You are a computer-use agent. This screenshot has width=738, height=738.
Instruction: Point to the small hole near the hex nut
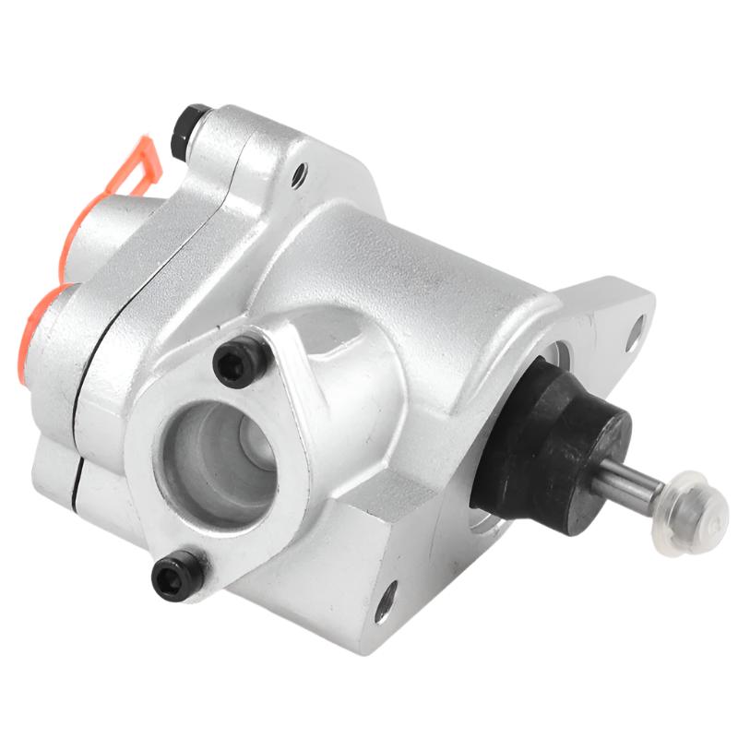click(298, 173)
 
